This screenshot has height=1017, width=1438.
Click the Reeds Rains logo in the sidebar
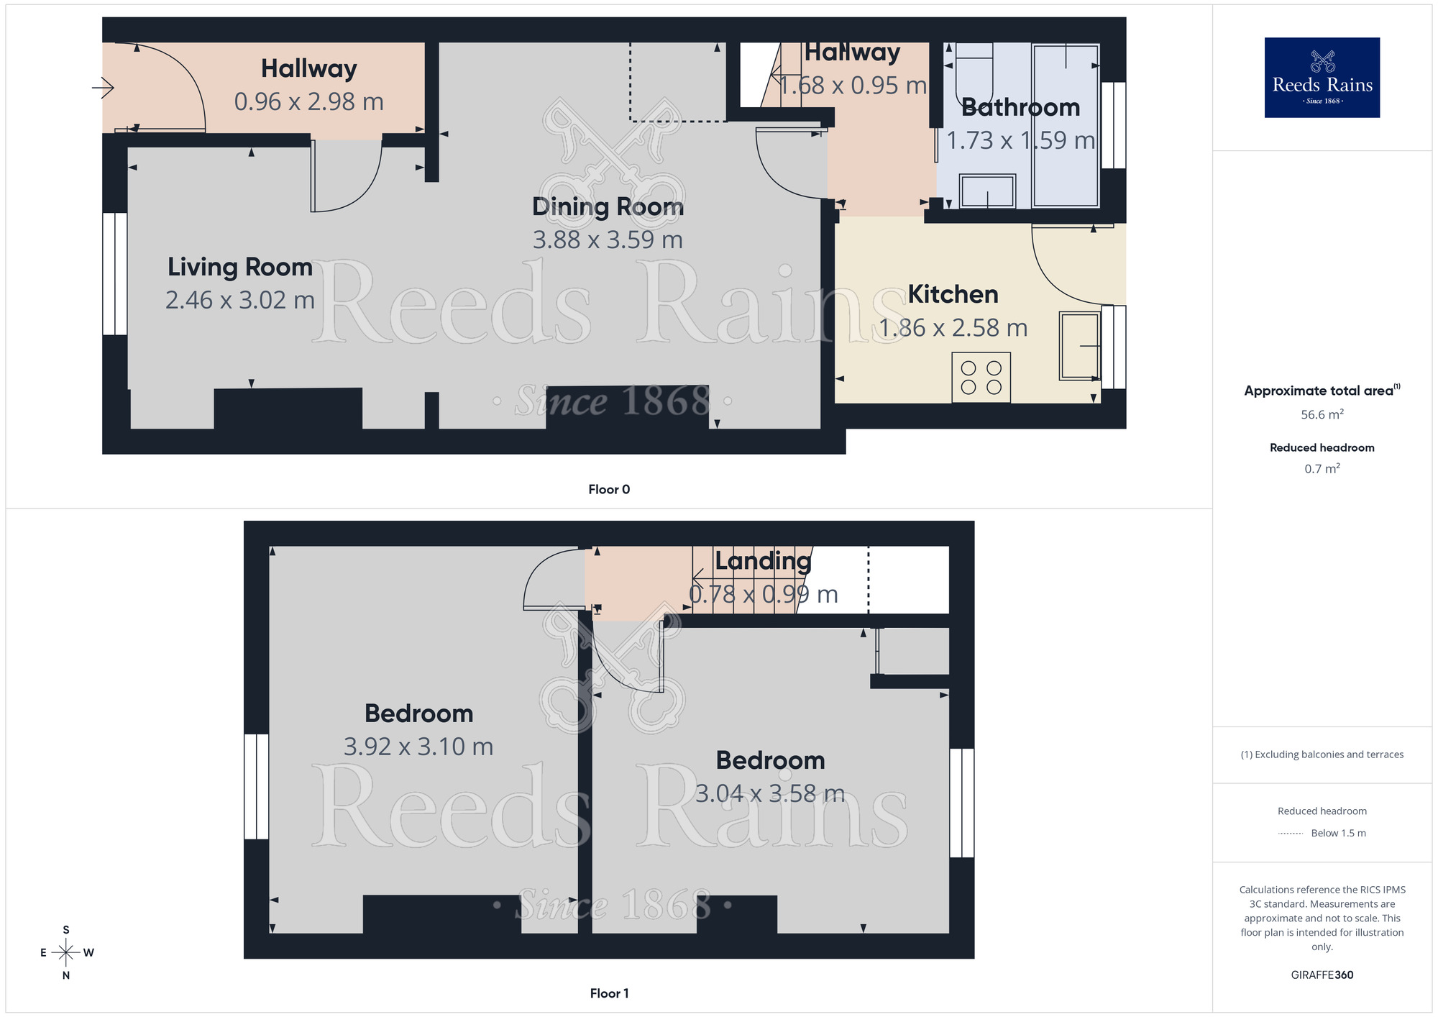click(x=1322, y=78)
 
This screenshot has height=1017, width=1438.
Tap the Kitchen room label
click(x=953, y=294)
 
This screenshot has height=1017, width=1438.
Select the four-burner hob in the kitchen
click(x=981, y=378)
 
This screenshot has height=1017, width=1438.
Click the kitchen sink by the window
click(x=1079, y=346)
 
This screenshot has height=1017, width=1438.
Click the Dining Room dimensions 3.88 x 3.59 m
click(x=608, y=240)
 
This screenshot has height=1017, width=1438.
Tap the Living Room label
click(x=239, y=267)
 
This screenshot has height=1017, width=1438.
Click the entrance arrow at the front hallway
click(x=104, y=88)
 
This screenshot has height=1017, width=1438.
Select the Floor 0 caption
click(x=609, y=489)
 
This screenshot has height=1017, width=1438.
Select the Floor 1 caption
click(x=609, y=993)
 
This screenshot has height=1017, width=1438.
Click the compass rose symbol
click(x=66, y=953)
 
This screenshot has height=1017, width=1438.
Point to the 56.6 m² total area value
click(x=1322, y=415)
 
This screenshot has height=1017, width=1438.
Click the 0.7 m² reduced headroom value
click(x=1322, y=469)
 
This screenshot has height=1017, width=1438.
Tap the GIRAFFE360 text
click(x=1322, y=975)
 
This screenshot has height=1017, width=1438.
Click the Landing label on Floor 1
click(x=763, y=560)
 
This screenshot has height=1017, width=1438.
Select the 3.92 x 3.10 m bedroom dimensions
click(x=418, y=747)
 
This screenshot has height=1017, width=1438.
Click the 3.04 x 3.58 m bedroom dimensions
click(x=770, y=793)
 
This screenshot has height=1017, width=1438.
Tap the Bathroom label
click(x=1020, y=107)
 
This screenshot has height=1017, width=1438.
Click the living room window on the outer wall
click(x=115, y=274)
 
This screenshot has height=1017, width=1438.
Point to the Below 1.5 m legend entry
click(x=1337, y=833)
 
